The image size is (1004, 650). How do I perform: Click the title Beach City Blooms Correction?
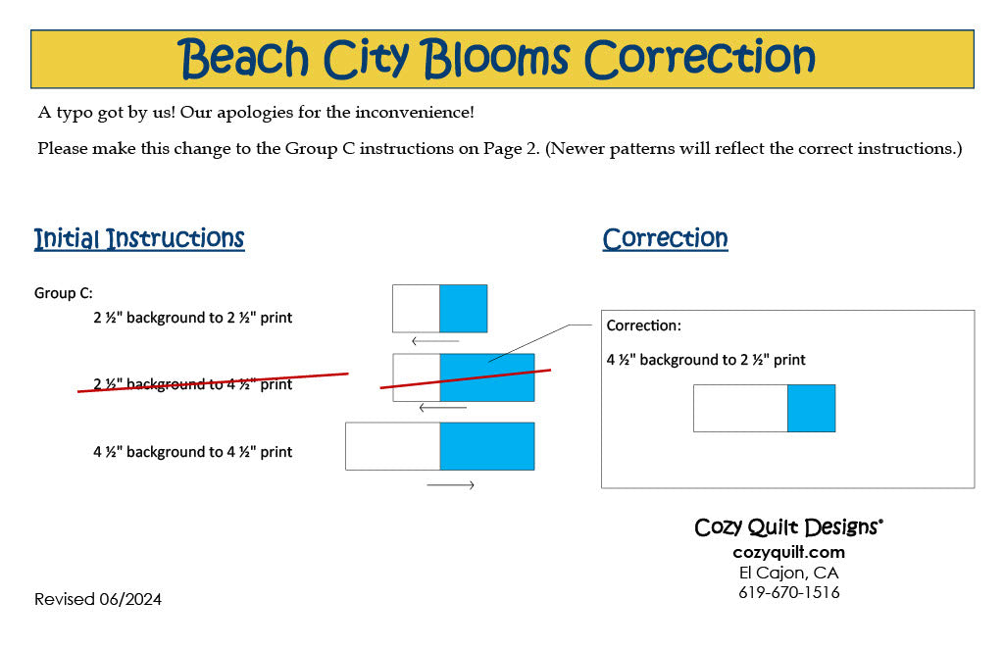(495, 58)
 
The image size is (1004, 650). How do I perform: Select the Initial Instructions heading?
(139, 238)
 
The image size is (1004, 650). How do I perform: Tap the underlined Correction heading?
(665, 238)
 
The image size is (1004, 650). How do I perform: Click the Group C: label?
(64, 293)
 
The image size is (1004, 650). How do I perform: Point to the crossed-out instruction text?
(193, 384)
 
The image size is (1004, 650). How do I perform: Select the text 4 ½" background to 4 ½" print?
(193, 452)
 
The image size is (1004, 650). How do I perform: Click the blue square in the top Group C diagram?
(464, 309)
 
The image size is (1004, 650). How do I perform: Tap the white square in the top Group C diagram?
(416, 309)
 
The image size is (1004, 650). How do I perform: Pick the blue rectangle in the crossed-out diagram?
(487, 377)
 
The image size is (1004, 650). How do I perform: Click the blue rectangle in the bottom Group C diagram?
(487, 446)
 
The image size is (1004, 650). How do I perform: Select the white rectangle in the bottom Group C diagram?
(392, 446)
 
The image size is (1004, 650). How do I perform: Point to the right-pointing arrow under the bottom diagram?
(451, 485)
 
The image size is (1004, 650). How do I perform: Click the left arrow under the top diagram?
(435, 341)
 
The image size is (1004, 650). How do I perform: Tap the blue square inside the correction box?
(811, 409)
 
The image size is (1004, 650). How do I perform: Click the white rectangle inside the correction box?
(741, 409)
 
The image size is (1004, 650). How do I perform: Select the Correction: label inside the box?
(643, 325)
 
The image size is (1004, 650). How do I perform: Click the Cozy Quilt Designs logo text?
(789, 527)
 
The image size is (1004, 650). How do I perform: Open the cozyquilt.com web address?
(789, 552)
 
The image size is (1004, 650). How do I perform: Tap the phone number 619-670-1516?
(789, 592)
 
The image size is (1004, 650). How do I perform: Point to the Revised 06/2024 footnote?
(98, 599)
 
